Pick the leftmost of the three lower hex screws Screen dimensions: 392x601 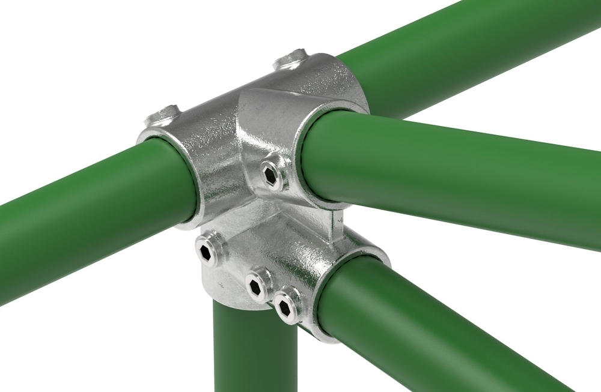207,251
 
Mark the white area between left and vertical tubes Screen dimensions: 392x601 120,336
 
